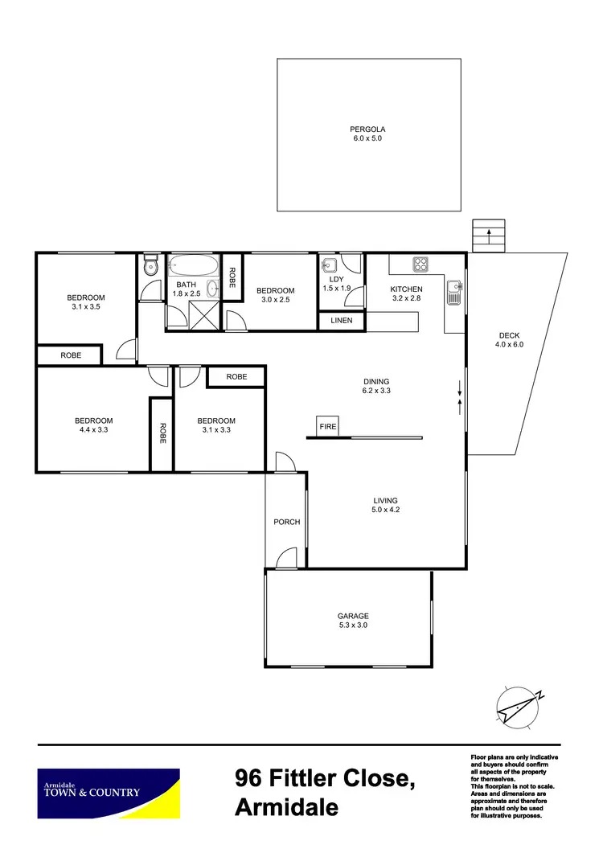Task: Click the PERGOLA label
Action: (x=368, y=129)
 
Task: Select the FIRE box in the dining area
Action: (x=327, y=426)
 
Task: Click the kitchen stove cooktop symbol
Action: (x=420, y=263)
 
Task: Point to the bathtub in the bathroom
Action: (x=192, y=267)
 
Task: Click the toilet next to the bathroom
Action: (x=150, y=265)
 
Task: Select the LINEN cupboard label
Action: (x=342, y=321)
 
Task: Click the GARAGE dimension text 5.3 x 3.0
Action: (x=353, y=625)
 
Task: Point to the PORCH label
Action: (x=286, y=522)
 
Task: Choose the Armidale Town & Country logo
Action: (x=108, y=792)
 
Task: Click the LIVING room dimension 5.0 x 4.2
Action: (x=386, y=510)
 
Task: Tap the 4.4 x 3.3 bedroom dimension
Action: (x=94, y=430)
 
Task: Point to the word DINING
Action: (x=376, y=382)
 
